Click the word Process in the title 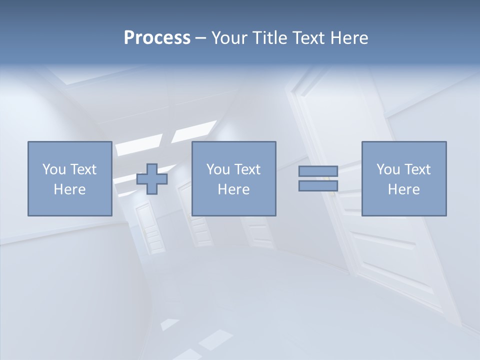(157, 38)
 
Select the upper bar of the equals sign (318, 171)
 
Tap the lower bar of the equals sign (318, 186)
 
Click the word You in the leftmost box (54, 169)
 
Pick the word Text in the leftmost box (83, 169)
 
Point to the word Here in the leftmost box (69, 189)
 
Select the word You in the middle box (218, 169)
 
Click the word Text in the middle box (247, 169)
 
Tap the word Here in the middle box (233, 189)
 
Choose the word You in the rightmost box (388, 169)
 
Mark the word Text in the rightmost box (417, 169)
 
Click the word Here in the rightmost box (403, 189)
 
